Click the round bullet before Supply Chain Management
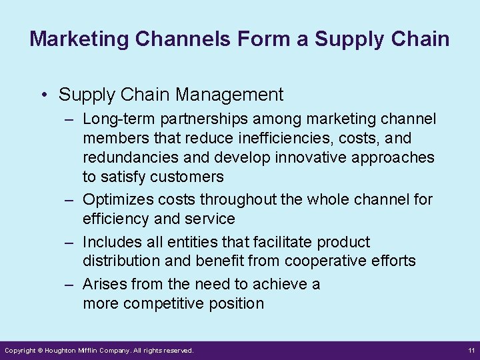click(x=43, y=95)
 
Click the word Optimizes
click(x=117, y=199)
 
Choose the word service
click(x=211, y=219)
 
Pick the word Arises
click(x=105, y=284)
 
